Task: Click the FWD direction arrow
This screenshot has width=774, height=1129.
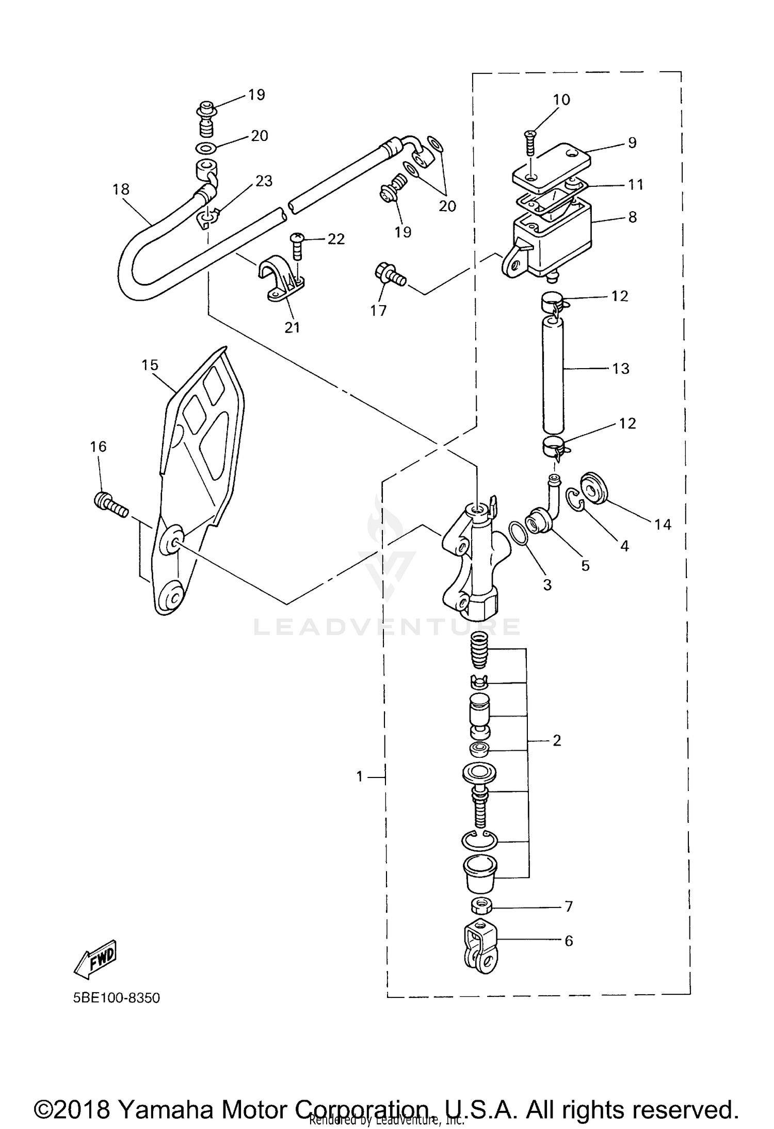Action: (96, 959)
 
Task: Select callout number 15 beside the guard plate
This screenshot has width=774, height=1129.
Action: (150, 365)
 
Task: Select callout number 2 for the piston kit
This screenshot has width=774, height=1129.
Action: (556, 740)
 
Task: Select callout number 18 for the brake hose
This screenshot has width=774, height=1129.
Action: (121, 189)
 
